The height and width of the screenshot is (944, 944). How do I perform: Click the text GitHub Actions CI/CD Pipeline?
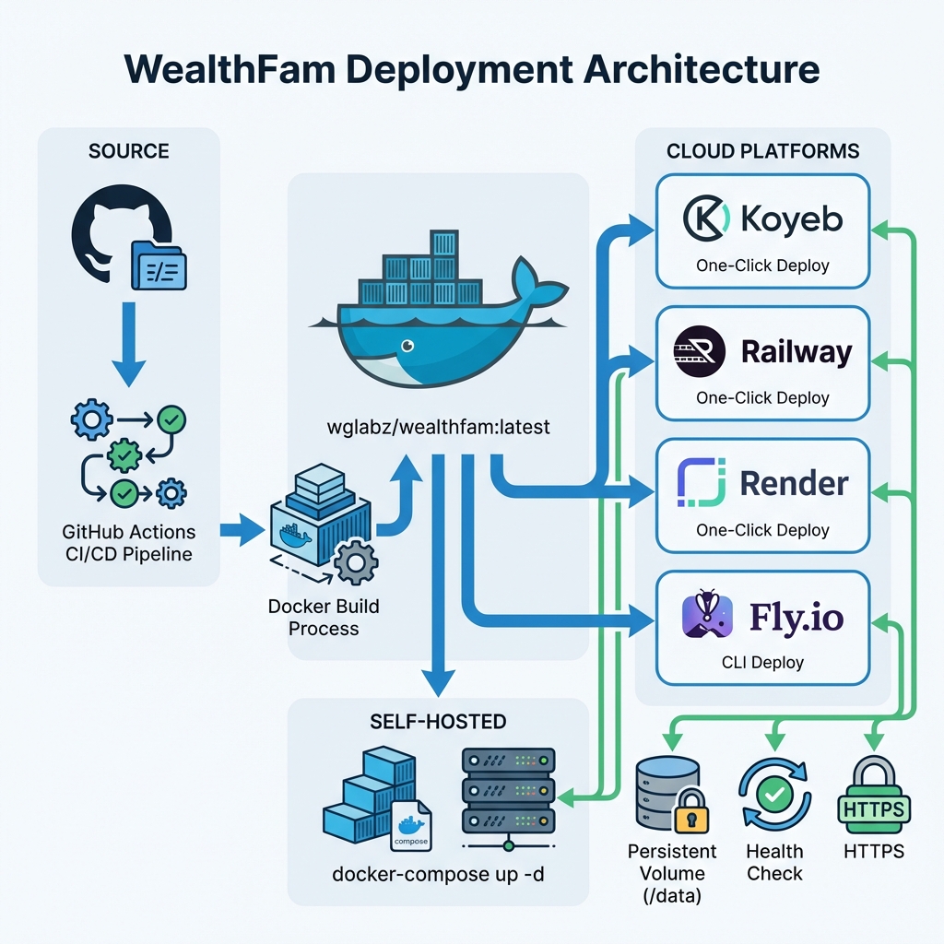click(128, 543)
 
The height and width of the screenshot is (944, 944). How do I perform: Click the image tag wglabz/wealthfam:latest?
click(438, 427)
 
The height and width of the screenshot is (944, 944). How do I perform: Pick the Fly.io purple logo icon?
click(706, 615)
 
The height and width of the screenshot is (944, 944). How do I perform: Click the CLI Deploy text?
click(763, 662)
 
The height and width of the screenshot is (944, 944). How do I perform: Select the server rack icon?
click(508, 788)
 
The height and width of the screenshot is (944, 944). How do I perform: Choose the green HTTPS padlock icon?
click(871, 793)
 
